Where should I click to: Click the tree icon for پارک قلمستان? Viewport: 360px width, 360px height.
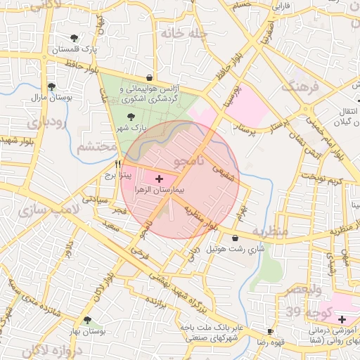[x=75, y=38]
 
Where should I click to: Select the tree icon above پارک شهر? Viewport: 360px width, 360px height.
[x=129, y=117]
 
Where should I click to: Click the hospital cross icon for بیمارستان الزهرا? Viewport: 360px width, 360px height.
[x=158, y=179]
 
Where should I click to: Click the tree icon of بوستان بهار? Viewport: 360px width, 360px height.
[x=86, y=320]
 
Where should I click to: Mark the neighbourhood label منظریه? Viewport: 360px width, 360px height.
[x=270, y=231]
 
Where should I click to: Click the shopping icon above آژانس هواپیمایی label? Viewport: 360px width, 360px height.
[x=149, y=77]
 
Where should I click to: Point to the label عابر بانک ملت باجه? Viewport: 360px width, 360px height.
[x=211, y=328]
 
